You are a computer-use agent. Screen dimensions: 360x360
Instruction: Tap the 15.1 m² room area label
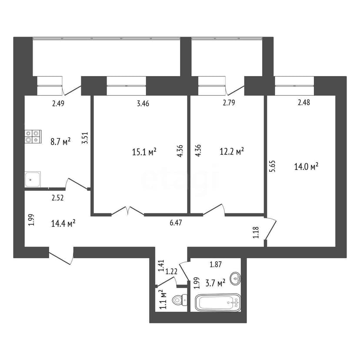(144, 152)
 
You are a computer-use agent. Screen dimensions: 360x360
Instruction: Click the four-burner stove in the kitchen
(32, 137)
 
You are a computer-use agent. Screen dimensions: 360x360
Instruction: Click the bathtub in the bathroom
(218, 302)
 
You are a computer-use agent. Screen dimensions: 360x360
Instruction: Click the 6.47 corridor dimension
(176, 223)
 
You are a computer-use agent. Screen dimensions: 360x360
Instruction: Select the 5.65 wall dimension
(272, 166)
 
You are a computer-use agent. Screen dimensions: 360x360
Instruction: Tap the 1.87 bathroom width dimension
(216, 264)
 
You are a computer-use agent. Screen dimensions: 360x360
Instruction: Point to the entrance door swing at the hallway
(61, 257)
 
